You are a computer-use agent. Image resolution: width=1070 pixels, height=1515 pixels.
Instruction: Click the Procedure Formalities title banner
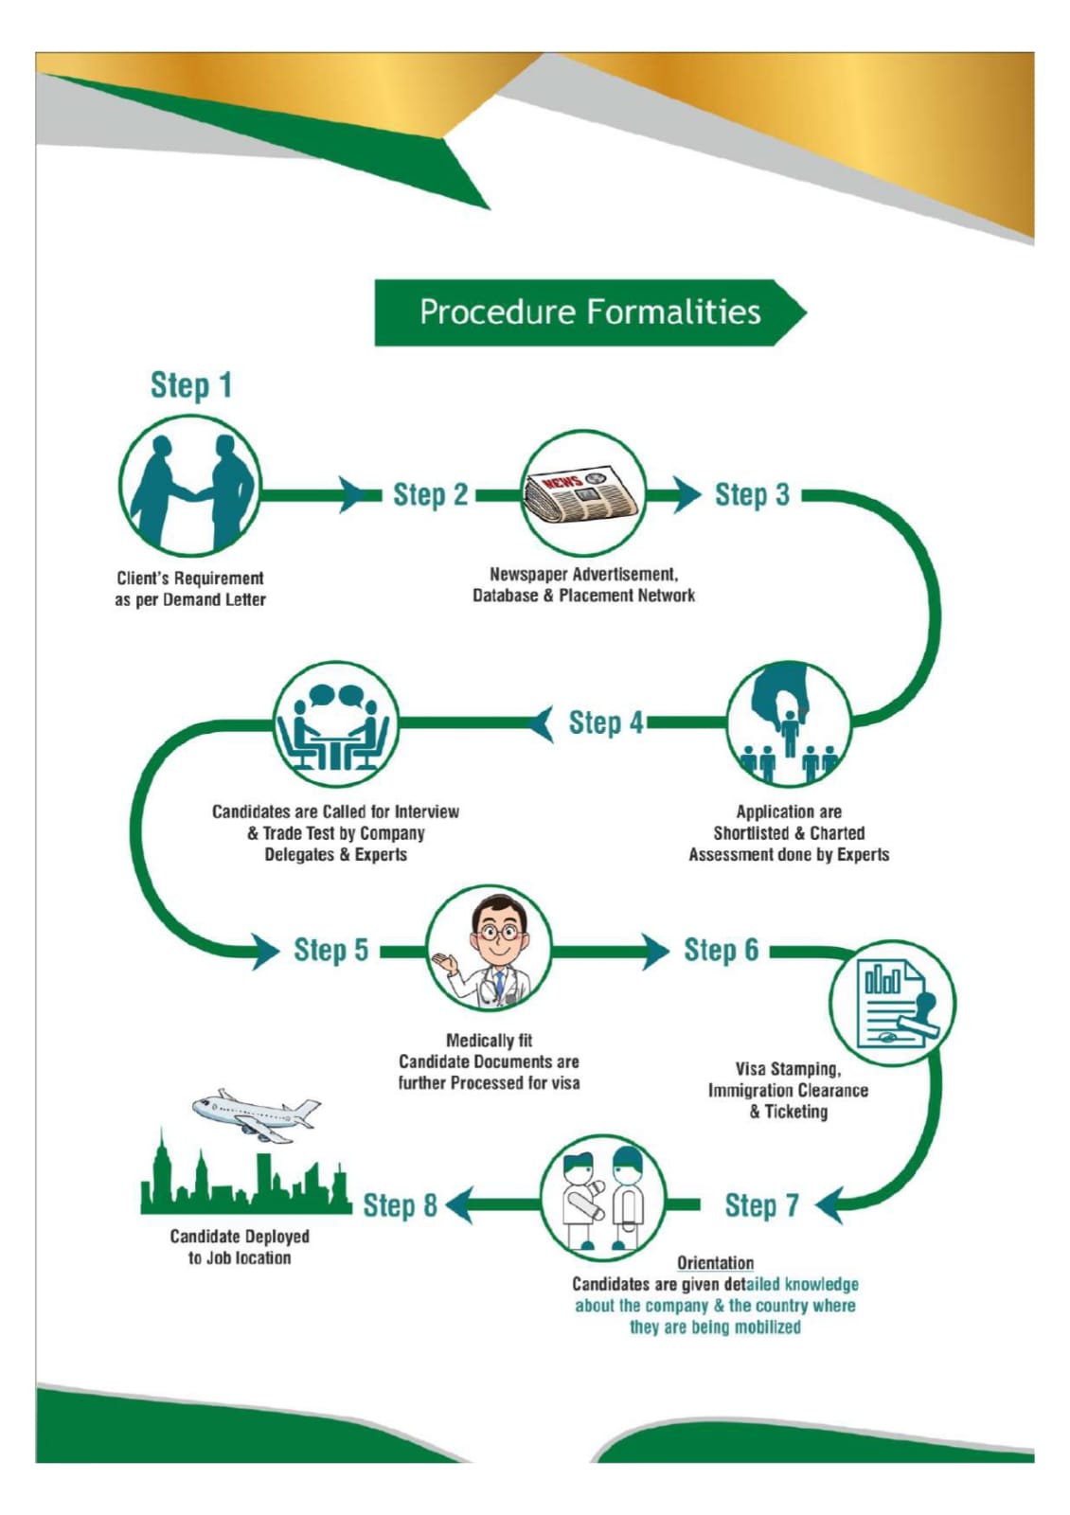click(x=589, y=312)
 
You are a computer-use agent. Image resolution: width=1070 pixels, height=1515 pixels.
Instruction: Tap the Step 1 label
click(x=190, y=385)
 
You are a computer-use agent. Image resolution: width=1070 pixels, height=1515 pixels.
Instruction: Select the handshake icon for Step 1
click(x=190, y=485)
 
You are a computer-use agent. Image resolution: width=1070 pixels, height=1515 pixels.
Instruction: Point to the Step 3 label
click(x=752, y=494)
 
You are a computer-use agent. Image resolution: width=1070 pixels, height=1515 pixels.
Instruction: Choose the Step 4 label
click(x=605, y=722)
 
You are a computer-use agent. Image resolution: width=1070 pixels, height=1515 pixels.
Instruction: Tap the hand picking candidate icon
click(x=789, y=724)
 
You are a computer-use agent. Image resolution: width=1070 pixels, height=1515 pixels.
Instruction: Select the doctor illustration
click(x=490, y=950)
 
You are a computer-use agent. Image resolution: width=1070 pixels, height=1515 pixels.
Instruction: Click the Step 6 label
click(x=721, y=950)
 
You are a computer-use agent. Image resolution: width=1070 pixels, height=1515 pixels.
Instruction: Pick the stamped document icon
click(x=892, y=1003)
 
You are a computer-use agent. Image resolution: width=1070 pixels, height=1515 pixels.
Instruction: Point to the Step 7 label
click(x=761, y=1205)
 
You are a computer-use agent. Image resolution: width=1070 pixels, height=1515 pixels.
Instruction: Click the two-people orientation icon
click(x=603, y=1199)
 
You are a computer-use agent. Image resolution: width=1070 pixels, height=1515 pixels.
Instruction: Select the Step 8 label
click(x=400, y=1205)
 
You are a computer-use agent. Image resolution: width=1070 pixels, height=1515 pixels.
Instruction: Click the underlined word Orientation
click(x=715, y=1262)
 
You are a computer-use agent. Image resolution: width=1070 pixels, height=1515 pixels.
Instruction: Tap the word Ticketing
click(x=795, y=1112)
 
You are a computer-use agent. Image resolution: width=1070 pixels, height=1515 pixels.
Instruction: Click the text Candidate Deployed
click(x=240, y=1237)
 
